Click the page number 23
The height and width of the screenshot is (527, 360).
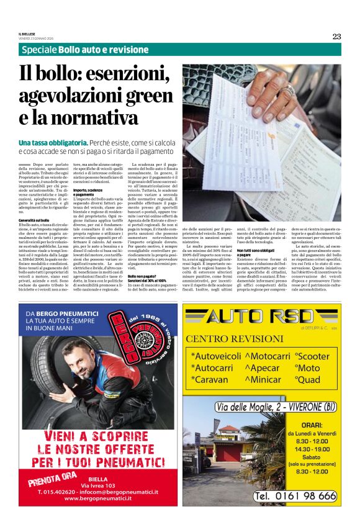click(x=336, y=37)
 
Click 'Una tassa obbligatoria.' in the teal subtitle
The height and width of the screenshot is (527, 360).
click(x=53, y=143)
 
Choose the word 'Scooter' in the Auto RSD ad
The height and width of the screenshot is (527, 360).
click(x=313, y=356)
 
